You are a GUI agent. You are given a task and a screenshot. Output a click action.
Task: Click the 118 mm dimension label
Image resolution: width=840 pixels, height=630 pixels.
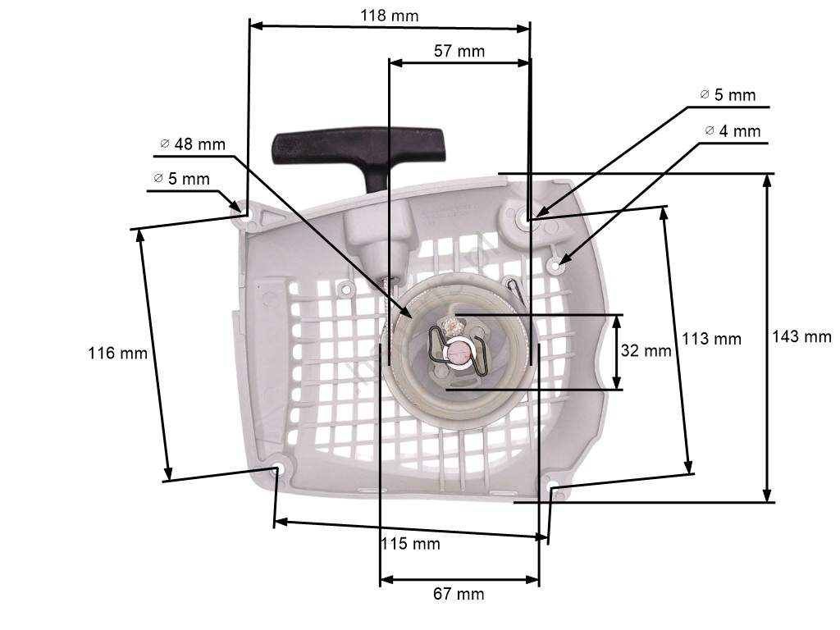(x=389, y=15)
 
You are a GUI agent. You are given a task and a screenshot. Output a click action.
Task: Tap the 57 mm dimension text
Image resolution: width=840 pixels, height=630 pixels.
(x=459, y=51)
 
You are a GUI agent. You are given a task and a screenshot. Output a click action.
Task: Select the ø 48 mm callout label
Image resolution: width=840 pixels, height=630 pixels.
(x=193, y=144)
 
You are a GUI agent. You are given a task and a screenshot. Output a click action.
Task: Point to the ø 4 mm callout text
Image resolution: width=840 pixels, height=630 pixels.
(x=733, y=130)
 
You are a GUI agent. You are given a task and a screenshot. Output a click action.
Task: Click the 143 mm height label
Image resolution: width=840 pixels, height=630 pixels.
(x=801, y=336)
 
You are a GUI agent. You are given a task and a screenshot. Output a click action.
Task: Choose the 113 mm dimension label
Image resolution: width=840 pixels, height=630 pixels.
(x=711, y=339)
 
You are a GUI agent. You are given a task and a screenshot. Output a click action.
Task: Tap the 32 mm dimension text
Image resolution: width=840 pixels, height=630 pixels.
(x=646, y=350)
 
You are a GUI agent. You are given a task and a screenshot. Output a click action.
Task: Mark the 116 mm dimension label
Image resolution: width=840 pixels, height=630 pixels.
(x=118, y=353)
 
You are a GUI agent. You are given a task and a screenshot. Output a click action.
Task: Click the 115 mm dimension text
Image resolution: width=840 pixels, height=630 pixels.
(x=410, y=544)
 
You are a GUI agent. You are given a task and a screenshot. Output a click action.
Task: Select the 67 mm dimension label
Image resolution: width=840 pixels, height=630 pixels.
(x=459, y=594)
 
